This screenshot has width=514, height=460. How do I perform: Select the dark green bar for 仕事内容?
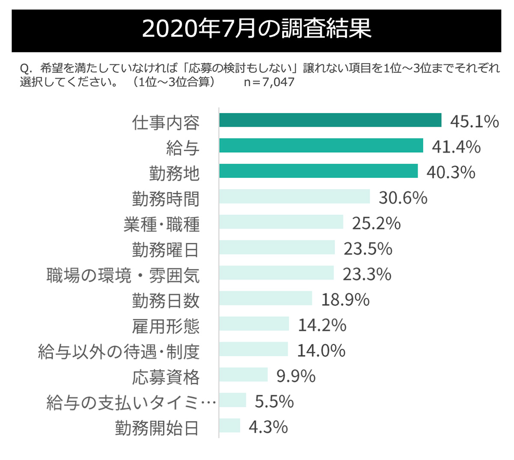click(x=330, y=120)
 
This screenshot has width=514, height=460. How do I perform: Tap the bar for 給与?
click(x=321, y=146)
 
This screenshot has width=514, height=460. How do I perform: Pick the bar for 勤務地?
click(x=318, y=171)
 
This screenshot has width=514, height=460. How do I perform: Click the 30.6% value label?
click(x=403, y=198)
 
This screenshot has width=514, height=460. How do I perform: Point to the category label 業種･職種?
click(x=161, y=224)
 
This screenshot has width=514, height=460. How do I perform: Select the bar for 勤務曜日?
click(x=277, y=247)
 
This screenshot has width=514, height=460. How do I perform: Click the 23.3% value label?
click(x=367, y=274)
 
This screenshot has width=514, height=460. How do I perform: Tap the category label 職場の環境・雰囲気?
click(x=123, y=275)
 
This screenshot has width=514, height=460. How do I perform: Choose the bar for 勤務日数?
click(x=266, y=298)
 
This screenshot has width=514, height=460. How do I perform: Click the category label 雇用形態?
click(x=165, y=326)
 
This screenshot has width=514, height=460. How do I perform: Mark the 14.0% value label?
click(x=321, y=351)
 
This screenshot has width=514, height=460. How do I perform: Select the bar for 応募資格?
click(x=243, y=375)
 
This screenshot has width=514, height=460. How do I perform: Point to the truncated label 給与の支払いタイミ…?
click(x=131, y=403)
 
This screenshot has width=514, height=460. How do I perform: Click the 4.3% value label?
click(x=268, y=427)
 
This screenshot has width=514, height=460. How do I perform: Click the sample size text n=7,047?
click(x=269, y=82)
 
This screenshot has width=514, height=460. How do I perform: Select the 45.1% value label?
click(x=474, y=122)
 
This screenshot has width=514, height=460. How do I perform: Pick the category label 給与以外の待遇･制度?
click(x=119, y=352)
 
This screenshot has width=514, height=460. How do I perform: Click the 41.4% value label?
click(x=456, y=147)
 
